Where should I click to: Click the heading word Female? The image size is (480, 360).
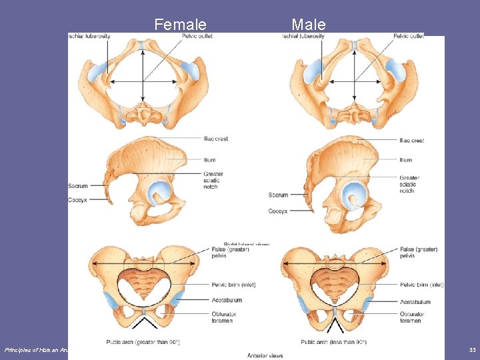(180, 25)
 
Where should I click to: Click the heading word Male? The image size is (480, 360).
(309, 25)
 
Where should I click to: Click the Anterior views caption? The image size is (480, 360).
(265, 355)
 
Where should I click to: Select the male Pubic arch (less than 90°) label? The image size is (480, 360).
(333, 343)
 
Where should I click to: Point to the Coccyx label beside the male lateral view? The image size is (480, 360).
(278, 211)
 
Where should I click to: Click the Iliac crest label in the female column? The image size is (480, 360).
(216, 139)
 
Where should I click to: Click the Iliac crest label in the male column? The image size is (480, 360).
(411, 141)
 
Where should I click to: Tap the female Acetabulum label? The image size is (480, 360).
(218, 300)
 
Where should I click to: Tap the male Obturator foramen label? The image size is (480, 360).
(412, 317)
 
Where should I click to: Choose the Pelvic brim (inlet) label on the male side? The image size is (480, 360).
(422, 285)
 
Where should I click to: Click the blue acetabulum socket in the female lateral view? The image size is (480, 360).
(160, 193)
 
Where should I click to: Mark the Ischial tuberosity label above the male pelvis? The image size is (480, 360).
(303, 36)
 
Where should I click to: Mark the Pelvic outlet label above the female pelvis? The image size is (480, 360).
(197, 36)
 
